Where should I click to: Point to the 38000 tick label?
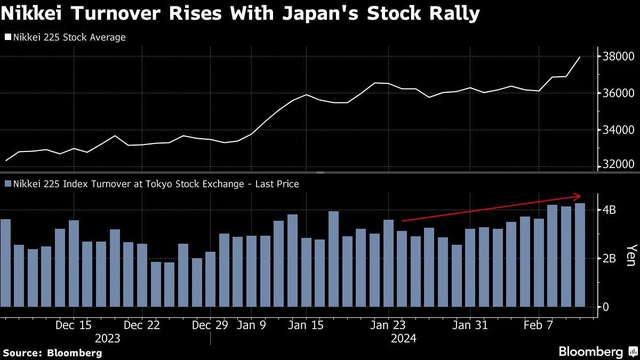pos(619,57)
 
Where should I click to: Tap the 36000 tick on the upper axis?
pos(619,93)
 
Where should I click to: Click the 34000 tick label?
pos(619,130)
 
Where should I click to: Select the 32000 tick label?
pos(619,165)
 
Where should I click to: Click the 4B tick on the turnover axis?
pos(609,210)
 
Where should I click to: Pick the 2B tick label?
pos(609,258)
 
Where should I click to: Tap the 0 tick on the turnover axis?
pos(606,307)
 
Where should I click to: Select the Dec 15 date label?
pos(74,325)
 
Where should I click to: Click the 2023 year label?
pos(107,339)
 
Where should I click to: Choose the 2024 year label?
pos(403,339)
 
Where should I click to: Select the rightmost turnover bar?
pos(579,255)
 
